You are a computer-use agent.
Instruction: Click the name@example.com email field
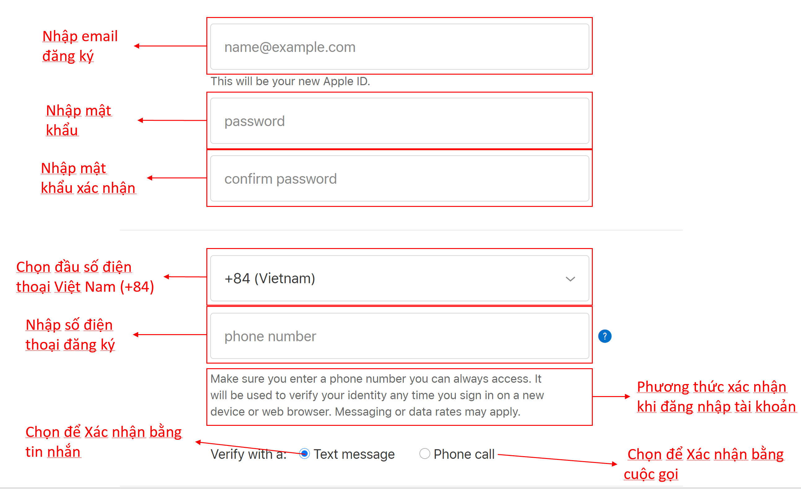coord(399,46)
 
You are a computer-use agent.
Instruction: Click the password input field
coord(399,120)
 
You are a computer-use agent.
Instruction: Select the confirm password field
coord(399,178)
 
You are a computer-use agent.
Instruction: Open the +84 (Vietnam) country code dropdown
coord(399,278)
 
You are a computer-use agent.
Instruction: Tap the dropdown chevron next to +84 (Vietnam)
coord(570,279)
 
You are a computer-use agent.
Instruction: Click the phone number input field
coord(399,336)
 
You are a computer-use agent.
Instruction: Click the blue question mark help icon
coord(605,336)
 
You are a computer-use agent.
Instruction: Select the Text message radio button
coord(305,453)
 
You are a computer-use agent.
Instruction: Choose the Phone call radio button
coord(425,453)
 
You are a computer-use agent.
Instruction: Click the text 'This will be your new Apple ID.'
coord(290,81)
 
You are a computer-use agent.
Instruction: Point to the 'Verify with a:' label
coord(249,454)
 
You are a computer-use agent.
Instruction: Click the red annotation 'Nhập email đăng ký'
coord(80,46)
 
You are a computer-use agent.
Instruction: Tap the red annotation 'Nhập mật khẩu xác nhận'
coord(88,178)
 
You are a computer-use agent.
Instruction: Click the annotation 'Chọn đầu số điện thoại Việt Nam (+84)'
coord(85,277)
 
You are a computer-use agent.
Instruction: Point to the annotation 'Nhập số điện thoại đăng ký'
coord(70,335)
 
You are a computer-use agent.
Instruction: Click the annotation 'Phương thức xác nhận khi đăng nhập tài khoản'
coord(716,397)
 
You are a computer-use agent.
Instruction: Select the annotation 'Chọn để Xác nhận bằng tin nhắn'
coord(103,442)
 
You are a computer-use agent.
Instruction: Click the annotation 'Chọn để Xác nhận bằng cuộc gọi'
coord(704,464)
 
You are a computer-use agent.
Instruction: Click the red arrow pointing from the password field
coord(172,120)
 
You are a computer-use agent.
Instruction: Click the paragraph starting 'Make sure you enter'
coord(377,395)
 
